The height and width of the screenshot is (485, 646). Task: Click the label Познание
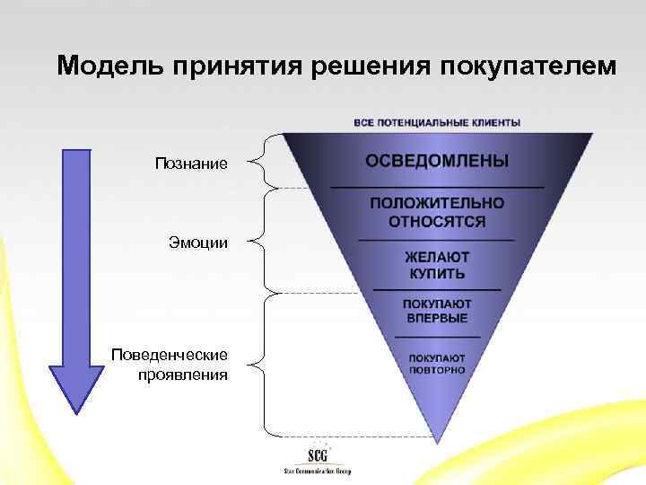click(x=191, y=163)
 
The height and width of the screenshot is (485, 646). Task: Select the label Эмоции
click(x=198, y=242)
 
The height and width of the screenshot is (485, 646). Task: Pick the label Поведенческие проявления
click(x=170, y=365)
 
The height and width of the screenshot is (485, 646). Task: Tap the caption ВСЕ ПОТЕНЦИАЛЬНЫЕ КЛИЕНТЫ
click(x=437, y=122)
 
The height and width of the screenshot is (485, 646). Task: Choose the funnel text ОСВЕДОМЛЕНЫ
click(x=437, y=161)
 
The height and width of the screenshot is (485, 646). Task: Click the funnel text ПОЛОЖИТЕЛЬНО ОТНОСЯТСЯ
click(x=437, y=212)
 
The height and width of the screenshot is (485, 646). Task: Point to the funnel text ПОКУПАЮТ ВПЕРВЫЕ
click(x=437, y=310)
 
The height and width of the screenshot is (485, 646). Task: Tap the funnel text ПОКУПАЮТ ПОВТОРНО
click(x=437, y=363)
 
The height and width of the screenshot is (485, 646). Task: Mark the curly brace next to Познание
click(x=257, y=162)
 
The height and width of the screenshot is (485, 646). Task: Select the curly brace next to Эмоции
click(x=257, y=241)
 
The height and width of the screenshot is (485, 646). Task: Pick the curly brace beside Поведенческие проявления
click(x=257, y=364)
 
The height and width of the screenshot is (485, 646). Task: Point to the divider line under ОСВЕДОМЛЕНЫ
click(x=437, y=186)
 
